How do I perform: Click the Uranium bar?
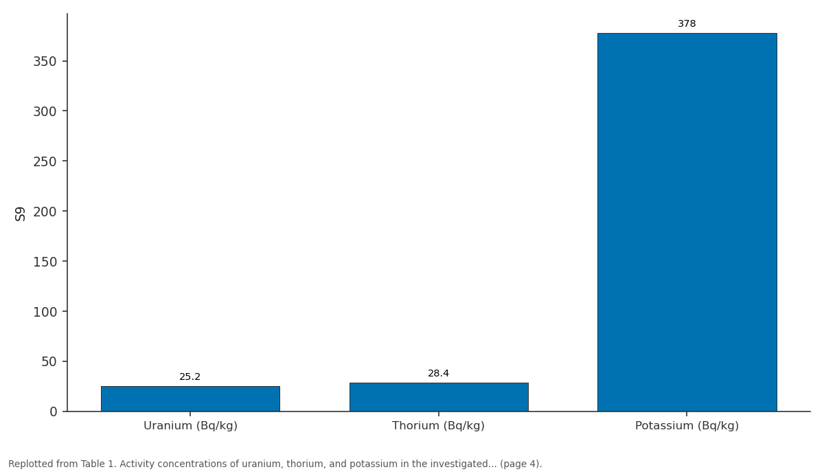coord(190,398)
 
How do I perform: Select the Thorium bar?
coord(439,397)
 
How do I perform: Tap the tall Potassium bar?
coord(687,223)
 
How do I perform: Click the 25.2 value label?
coord(190,377)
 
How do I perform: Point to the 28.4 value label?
coord(439,373)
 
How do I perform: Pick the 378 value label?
coord(687,23)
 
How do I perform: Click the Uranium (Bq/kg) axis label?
coord(191,426)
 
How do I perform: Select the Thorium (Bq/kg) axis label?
coord(439,426)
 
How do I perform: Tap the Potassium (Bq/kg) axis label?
coord(687,426)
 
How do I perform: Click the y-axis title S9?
coord(20,214)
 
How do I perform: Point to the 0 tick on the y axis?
coord(54,411)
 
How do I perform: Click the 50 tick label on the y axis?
coord(49,362)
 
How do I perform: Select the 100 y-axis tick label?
coord(45,312)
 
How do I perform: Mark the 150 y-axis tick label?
coord(45,262)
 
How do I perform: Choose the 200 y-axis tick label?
coord(45,212)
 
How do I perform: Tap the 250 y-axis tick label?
coord(45,161)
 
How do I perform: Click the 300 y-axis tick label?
coord(45,111)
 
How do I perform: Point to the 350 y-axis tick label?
coord(45,61)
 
